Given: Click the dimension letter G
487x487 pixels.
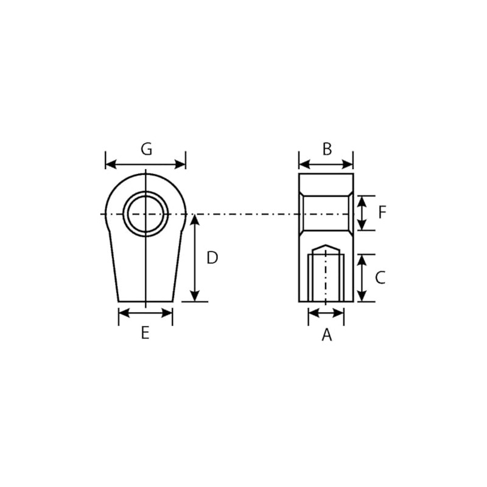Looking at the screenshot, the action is pyautogui.click(x=146, y=149).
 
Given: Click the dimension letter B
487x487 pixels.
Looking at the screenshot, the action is pyautogui.click(x=327, y=149).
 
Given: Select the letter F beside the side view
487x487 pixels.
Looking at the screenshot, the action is pyautogui.click(x=382, y=212).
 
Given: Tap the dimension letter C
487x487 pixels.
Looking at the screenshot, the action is pyautogui.click(x=380, y=278).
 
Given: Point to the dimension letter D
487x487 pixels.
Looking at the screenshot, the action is pyautogui.click(x=212, y=258).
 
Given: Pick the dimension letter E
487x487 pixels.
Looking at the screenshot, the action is pyautogui.click(x=145, y=332).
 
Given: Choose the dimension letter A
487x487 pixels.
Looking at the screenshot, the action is pyautogui.click(x=327, y=335).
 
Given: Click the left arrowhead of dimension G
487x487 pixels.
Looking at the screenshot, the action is pyautogui.click(x=111, y=164).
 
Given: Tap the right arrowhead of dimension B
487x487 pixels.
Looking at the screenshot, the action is pyautogui.click(x=348, y=164).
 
